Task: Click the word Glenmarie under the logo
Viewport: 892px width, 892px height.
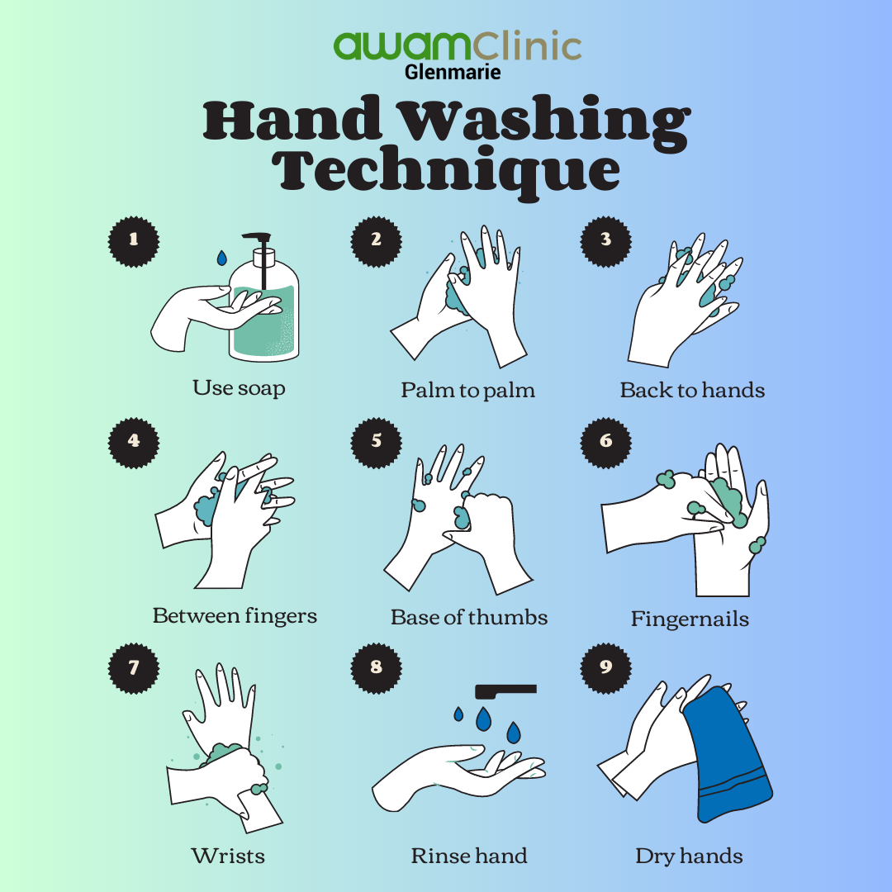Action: [x=452, y=72]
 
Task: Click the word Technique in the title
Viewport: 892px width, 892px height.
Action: [x=447, y=168]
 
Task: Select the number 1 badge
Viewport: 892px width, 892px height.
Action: [x=134, y=239]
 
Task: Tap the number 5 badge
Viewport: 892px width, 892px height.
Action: [x=376, y=440]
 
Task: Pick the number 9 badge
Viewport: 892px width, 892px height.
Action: [x=605, y=667]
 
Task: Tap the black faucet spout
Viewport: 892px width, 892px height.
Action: [x=505, y=689]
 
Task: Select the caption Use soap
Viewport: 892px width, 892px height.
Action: [x=239, y=387]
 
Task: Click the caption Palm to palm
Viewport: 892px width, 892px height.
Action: [x=467, y=390]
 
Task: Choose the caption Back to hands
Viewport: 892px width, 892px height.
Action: [x=692, y=390]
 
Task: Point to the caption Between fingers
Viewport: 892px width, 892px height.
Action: [x=235, y=616]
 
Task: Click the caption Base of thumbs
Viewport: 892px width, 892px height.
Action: [x=468, y=617]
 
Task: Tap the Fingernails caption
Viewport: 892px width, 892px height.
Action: [x=690, y=619]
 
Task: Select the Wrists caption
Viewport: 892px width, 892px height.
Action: [x=228, y=855]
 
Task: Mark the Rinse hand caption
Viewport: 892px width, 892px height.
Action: [x=468, y=856]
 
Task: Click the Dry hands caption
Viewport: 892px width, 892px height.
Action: [x=689, y=856]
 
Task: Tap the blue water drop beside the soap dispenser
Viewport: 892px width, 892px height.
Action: [x=221, y=258]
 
